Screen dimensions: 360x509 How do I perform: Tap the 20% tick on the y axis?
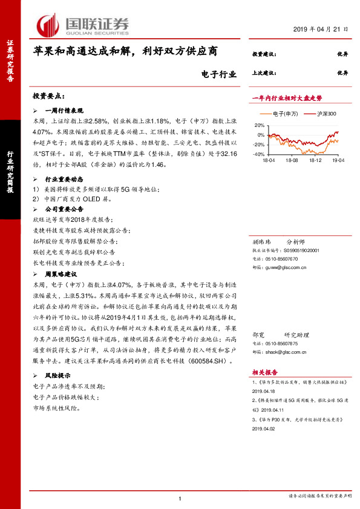(x=258, y=125)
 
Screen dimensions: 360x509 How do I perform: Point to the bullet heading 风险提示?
(x=59, y=376)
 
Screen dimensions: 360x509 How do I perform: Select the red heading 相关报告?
(x=264, y=373)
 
